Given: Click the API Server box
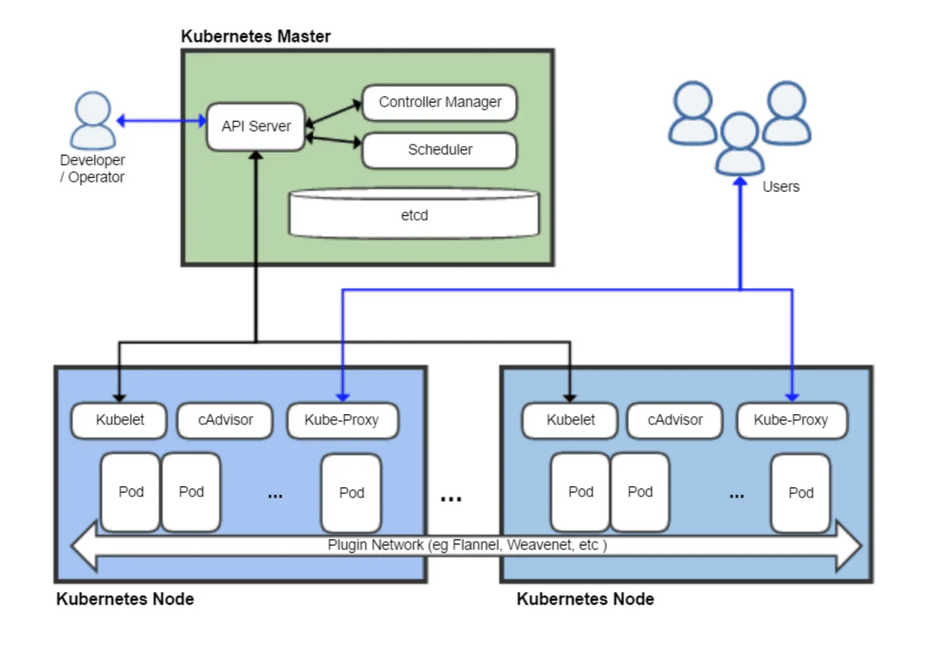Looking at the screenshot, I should (x=256, y=127).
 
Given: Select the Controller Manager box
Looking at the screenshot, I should (x=439, y=103).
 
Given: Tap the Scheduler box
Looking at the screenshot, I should (x=439, y=150).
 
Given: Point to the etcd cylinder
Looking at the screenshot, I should (x=414, y=215).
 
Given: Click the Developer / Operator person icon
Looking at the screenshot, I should (x=93, y=121).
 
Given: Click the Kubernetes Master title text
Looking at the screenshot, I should (x=256, y=37).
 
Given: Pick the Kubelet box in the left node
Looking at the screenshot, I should (x=119, y=420).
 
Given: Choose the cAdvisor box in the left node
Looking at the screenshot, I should (x=225, y=420).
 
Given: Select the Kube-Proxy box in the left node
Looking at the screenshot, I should (x=342, y=420).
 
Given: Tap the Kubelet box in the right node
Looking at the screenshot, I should (x=570, y=420).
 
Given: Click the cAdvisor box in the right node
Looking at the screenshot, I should (x=675, y=420).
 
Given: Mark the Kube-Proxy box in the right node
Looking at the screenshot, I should (x=791, y=420).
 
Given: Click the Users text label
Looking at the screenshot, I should (x=781, y=187).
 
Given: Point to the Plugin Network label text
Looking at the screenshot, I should (x=467, y=545).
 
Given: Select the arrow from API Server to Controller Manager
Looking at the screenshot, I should (x=334, y=113).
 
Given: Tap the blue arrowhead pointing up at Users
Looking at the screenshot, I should (x=740, y=183).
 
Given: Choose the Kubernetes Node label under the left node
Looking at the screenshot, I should (x=125, y=599).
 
